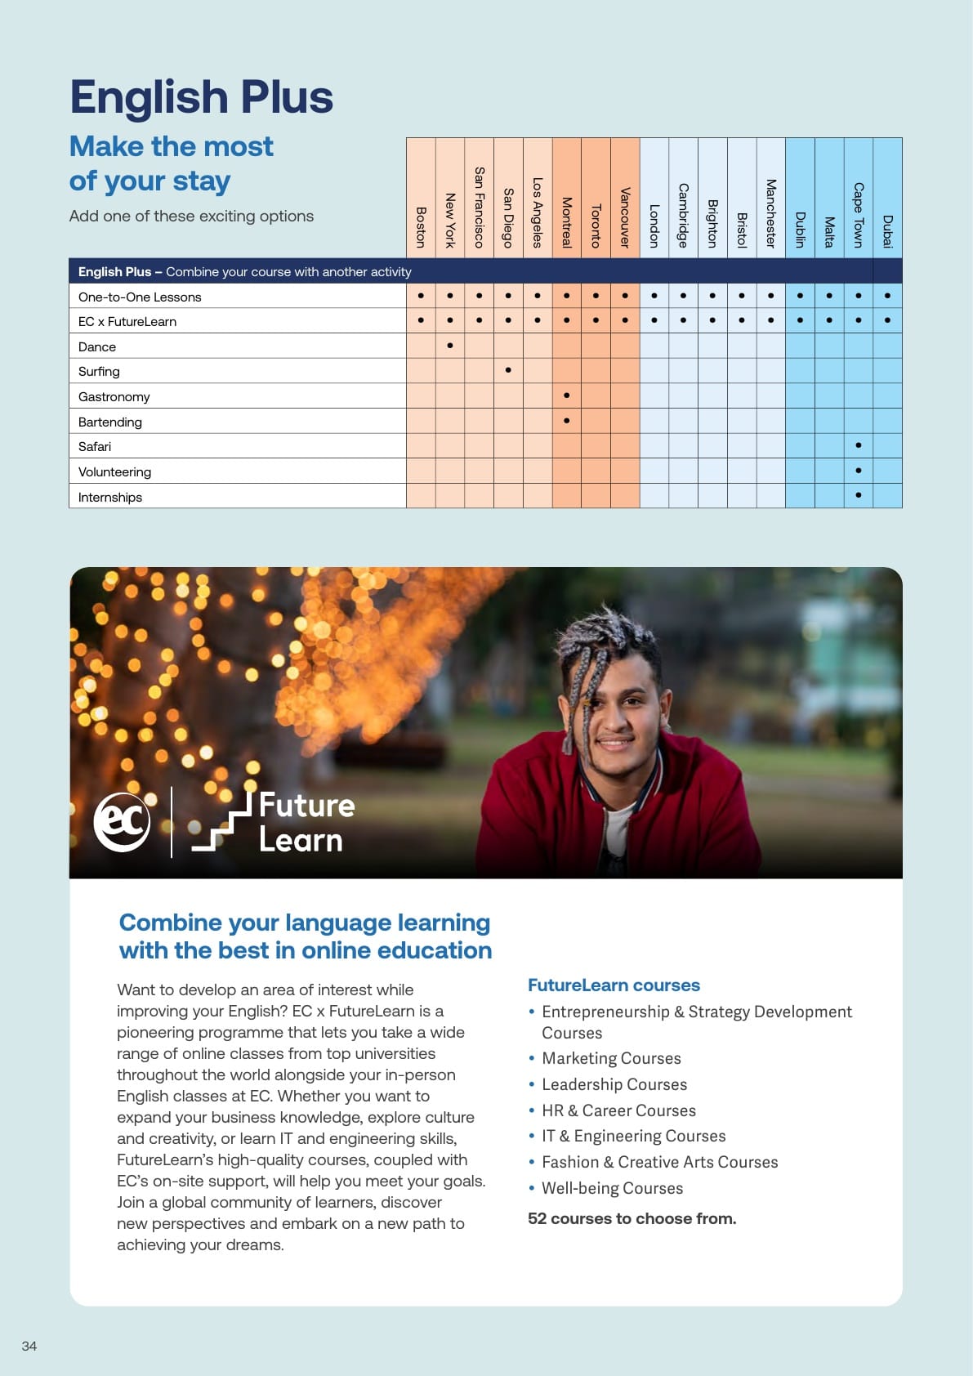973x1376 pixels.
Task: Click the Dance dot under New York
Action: [450, 346]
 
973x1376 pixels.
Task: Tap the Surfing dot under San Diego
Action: [508, 370]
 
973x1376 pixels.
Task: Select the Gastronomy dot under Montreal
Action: [566, 395]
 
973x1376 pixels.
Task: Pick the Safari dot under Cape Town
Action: [858, 445]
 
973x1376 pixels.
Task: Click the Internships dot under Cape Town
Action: [858, 495]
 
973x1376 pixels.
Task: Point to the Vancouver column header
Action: [625, 217]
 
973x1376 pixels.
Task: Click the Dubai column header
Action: [887, 230]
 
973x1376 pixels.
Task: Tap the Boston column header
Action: [421, 226]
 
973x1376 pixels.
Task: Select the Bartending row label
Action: [110, 422]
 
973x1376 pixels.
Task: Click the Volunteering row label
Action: [114, 471]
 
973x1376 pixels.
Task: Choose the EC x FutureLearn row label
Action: [127, 321]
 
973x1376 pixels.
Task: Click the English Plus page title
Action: [202, 97]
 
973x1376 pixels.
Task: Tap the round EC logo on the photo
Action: [123, 822]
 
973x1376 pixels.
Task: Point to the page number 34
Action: [29, 1346]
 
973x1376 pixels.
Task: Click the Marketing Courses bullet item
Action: [611, 1058]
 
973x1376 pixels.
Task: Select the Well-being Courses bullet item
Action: [612, 1188]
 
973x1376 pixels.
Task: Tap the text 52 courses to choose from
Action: [632, 1218]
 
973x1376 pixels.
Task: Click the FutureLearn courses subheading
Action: [614, 985]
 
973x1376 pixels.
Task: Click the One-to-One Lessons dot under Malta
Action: [829, 296]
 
